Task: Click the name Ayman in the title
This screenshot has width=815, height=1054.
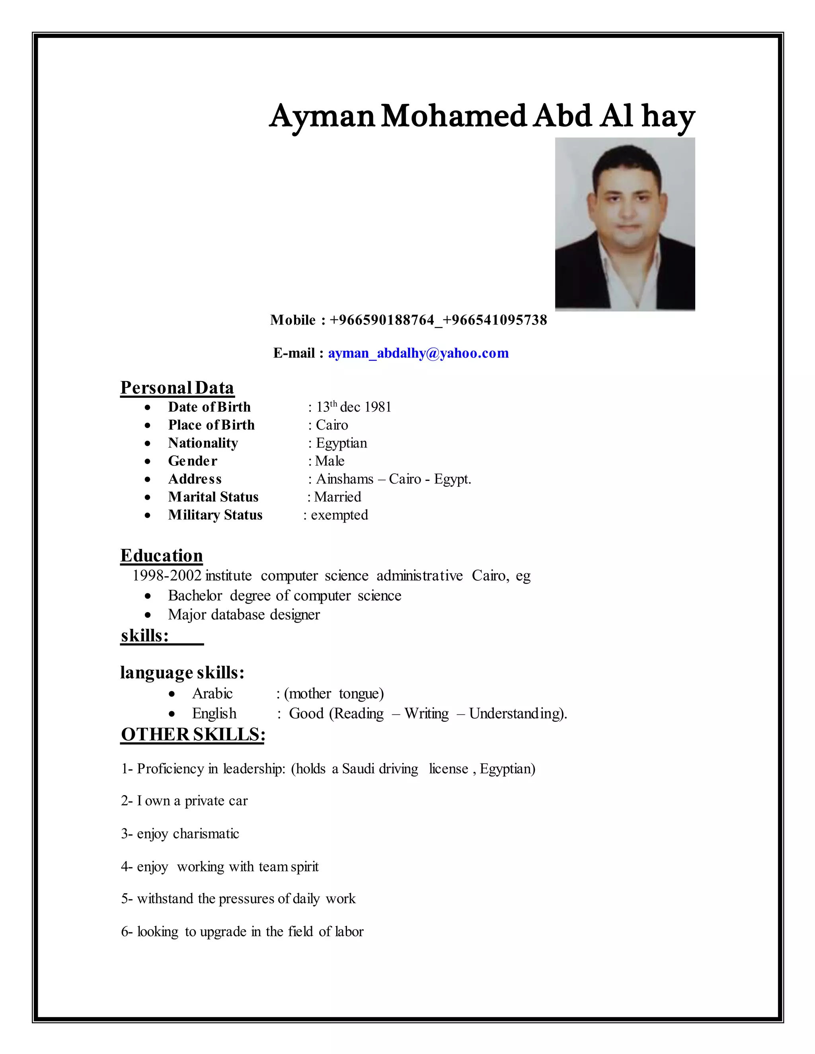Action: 322,117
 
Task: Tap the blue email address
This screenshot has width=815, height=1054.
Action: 418,353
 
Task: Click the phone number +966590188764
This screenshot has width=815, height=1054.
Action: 382,320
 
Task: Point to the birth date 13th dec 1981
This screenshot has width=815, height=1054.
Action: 353,407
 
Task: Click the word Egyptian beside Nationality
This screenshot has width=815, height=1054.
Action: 341,443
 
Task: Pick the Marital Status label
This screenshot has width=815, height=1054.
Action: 213,497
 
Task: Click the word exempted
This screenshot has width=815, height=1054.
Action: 339,515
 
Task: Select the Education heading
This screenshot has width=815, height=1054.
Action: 161,556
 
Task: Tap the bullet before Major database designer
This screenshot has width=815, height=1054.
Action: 148,615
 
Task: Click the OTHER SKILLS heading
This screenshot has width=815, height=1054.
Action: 193,735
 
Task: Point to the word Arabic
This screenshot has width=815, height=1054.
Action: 213,694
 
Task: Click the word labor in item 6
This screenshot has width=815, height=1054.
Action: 349,931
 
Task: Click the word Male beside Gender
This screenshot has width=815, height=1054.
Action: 330,461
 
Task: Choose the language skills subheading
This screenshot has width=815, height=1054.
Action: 182,673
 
